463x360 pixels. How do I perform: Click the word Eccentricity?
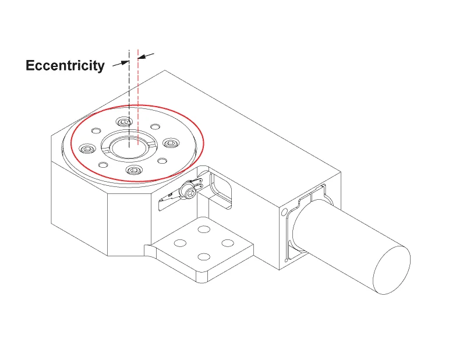tap(65, 66)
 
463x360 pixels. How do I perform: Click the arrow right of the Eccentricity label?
tap(121, 63)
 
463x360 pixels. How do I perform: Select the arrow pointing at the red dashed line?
tap(146, 56)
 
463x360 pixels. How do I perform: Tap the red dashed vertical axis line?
tap(138, 97)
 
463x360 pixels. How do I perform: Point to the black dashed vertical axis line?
tap(129, 98)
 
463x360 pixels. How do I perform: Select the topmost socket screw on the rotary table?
tap(124, 121)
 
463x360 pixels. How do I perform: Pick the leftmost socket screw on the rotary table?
tap(87, 149)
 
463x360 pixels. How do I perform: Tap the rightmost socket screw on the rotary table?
tap(171, 143)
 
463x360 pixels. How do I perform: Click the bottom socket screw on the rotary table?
tap(134, 170)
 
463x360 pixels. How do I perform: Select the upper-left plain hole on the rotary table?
tap(96, 130)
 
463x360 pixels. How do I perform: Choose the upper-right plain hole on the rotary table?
tap(155, 126)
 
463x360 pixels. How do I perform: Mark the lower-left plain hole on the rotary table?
tap(103, 165)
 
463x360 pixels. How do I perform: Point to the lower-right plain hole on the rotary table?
tap(162, 161)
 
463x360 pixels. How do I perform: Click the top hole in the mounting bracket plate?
tap(204, 229)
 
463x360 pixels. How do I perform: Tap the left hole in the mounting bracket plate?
tap(180, 243)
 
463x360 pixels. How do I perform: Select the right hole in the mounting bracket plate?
tap(228, 243)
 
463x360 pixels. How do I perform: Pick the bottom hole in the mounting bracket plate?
tap(204, 257)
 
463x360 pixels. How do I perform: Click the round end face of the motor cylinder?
tap(391, 270)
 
